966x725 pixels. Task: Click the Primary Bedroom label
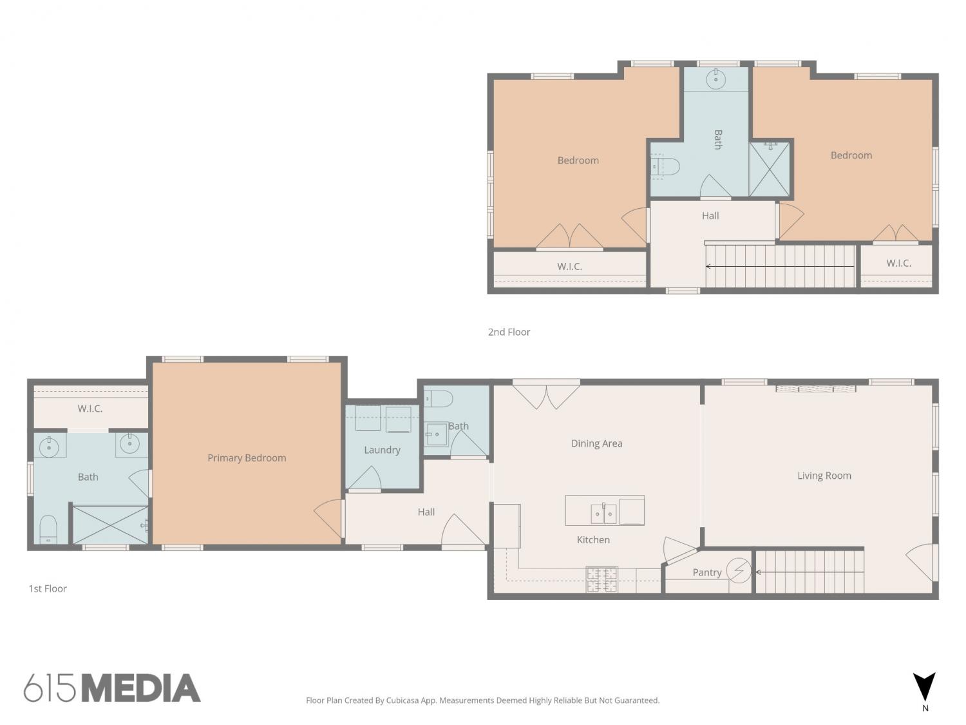[247, 458]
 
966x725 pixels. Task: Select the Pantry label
[706, 572]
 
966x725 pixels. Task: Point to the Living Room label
[824, 476]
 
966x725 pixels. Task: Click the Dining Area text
[596, 443]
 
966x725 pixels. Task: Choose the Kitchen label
[593, 539]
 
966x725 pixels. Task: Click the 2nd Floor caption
[509, 332]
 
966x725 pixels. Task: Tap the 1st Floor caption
[48, 588]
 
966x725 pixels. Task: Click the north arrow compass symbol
[924, 687]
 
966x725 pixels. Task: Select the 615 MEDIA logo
[112, 688]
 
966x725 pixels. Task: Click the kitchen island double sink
[603, 514]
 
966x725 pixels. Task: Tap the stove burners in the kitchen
[601, 579]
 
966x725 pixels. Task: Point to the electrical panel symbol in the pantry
[739, 571]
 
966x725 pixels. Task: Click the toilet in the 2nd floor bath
[665, 166]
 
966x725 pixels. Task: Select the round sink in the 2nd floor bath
[715, 79]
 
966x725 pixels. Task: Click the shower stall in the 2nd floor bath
[770, 169]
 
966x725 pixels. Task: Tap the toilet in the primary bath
[48, 529]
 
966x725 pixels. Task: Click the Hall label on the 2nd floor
[710, 216]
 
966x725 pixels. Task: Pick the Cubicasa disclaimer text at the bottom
[483, 701]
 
